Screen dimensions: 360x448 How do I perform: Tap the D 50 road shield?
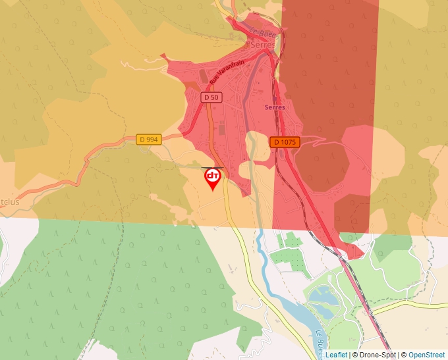pos(211,97)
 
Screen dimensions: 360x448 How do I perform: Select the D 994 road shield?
pos(149,140)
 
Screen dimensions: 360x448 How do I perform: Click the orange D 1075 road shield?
pos(285,142)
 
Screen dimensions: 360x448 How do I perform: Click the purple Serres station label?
pos(274,107)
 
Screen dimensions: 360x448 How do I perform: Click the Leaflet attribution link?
pos(336,355)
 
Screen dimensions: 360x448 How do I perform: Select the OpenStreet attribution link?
pos(426,355)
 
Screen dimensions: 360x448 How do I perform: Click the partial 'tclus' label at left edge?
pos(9,201)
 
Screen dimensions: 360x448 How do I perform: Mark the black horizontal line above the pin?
pos(212,167)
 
